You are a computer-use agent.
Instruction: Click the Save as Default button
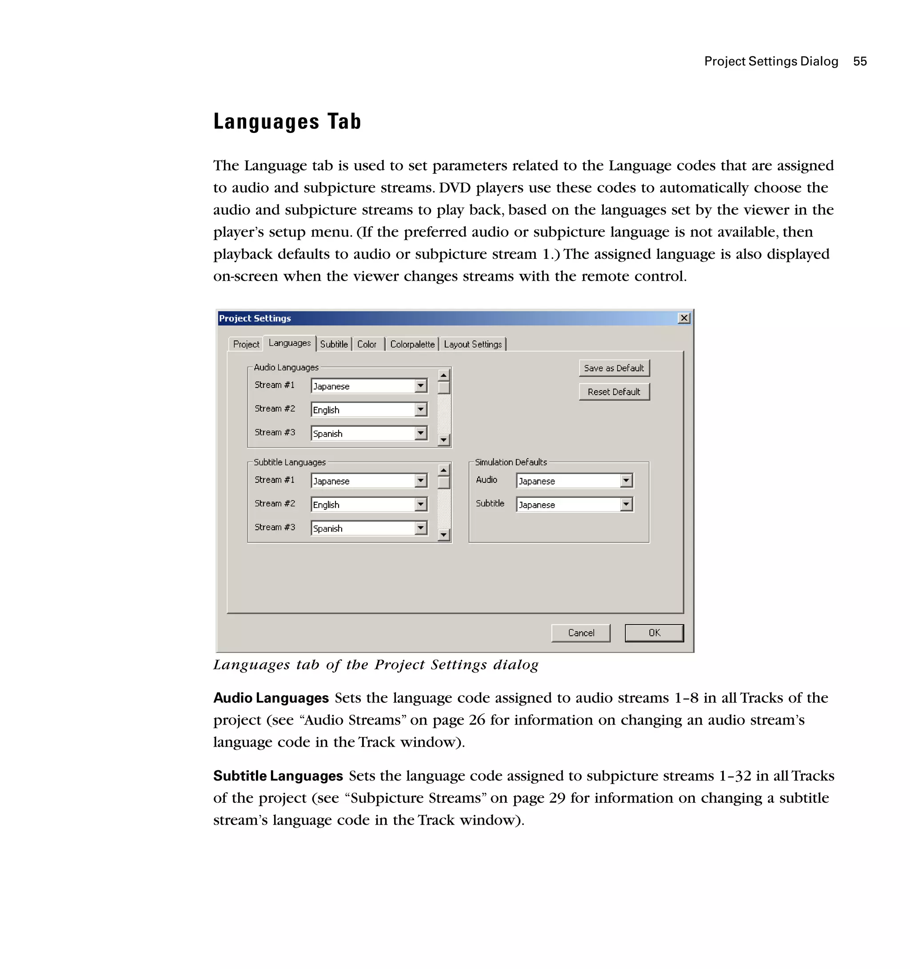(614, 368)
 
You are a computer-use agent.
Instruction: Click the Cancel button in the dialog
(581, 633)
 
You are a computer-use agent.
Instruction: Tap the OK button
(654, 633)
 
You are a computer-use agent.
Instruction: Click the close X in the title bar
(684, 318)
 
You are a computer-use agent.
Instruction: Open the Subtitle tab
(334, 344)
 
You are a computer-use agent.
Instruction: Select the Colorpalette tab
(412, 344)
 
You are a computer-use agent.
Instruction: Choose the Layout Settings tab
(472, 344)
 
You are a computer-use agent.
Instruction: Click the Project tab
(246, 344)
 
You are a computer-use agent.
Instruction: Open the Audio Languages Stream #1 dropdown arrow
(421, 386)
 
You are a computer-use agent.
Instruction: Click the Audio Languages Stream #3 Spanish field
(363, 433)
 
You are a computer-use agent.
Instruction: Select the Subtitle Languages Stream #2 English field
(363, 505)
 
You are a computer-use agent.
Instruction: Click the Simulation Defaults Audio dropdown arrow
(627, 481)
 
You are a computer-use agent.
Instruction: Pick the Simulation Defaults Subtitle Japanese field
(568, 505)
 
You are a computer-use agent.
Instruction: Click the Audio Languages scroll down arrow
(443, 440)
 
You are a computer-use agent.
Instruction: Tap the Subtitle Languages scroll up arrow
(443, 470)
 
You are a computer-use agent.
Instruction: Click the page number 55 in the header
(860, 61)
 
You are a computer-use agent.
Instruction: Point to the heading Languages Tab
(287, 122)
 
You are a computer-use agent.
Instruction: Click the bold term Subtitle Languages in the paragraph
(278, 776)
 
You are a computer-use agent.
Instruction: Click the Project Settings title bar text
(255, 318)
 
